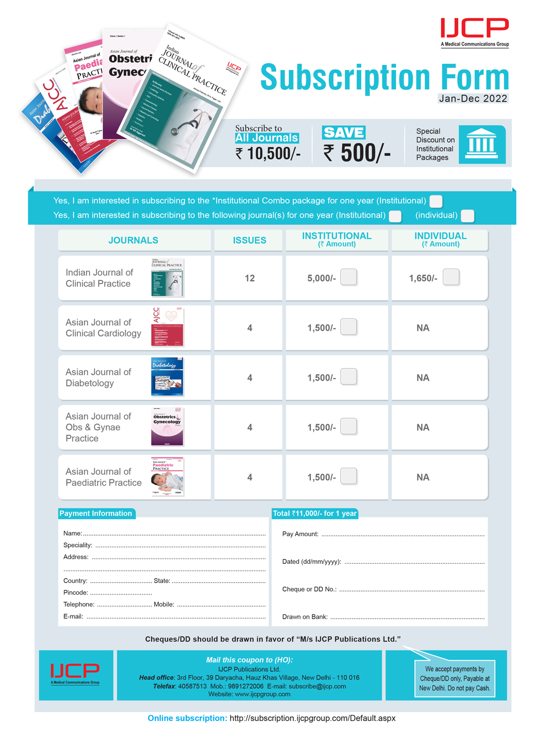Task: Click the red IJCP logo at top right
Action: pyautogui.click(x=474, y=28)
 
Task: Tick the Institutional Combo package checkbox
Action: pyautogui.click(x=436, y=201)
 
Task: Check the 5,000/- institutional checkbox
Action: pyautogui.click(x=348, y=277)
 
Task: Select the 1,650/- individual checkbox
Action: pyautogui.click(x=451, y=277)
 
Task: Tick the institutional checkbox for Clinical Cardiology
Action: pyautogui.click(x=348, y=327)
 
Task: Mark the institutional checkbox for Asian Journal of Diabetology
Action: pyautogui.click(x=348, y=377)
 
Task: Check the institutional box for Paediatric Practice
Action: pyautogui.click(x=348, y=476)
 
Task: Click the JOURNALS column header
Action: pyautogui.click(x=133, y=241)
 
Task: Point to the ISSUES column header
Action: pyautogui.click(x=249, y=241)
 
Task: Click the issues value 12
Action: pyautogui.click(x=250, y=278)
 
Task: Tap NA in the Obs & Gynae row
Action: pyautogui.click(x=423, y=428)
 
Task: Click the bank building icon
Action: pyautogui.click(x=482, y=144)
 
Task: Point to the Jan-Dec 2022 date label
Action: pyautogui.click(x=473, y=99)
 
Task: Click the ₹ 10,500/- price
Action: pyautogui.click(x=267, y=153)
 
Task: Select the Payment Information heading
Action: pyautogui.click(x=96, y=514)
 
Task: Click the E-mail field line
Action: pyautogui.click(x=176, y=617)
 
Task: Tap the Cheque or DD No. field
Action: pyautogui.click(x=412, y=589)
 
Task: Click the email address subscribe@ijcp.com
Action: pyautogui.click(x=317, y=686)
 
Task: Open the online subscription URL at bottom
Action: pyautogui.click(x=312, y=718)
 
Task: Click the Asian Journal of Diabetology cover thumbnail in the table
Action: pyautogui.click(x=167, y=377)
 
